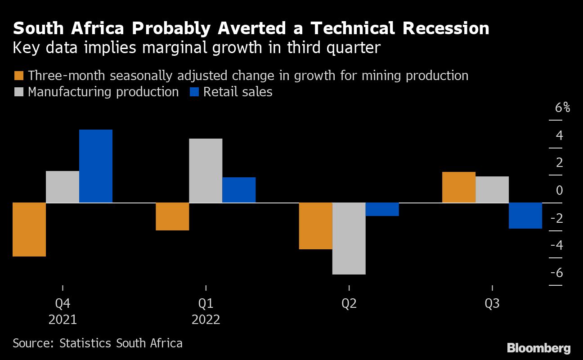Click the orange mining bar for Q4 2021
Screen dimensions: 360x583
tap(29, 229)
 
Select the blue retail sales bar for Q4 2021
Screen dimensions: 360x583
tap(96, 166)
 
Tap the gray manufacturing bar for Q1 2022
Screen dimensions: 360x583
tap(206, 171)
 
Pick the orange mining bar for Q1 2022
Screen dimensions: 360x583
tap(172, 216)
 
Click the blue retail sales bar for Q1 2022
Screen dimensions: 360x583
tap(239, 190)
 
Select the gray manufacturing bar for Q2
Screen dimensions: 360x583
tap(349, 238)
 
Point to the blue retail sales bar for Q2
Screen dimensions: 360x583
tap(382, 209)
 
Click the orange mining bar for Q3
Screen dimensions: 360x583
tap(459, 187)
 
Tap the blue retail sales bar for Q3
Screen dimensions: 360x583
tap(525, 216)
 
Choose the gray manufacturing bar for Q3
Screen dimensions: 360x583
tap(492, 189)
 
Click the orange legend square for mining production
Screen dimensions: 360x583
tap(19, 76)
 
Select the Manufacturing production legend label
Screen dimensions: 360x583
tap(103, 92)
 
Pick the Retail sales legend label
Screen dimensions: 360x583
tap(238, 92)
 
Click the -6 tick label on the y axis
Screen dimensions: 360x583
tap(556, 273)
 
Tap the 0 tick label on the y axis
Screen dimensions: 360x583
tap(559, 190)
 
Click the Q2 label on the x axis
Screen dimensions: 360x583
tap(349, 304)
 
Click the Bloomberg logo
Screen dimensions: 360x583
tap(538, 348)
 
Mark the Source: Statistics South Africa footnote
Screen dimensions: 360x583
tap(98, 343)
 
